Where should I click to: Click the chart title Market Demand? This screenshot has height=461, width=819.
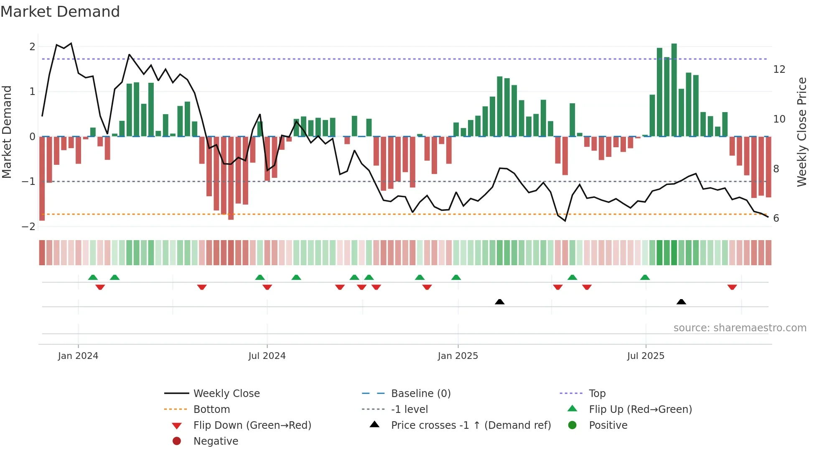pos(60,12)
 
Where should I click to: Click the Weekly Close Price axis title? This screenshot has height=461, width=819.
pos(801,132)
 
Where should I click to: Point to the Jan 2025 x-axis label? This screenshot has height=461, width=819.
pos(458,356)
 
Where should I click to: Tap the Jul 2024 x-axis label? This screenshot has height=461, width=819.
pos(267,356)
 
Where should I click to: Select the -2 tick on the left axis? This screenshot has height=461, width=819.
pos(28,227)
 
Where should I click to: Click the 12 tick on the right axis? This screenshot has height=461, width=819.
pos(779,69)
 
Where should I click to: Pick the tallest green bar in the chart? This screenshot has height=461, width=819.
pos(674,90)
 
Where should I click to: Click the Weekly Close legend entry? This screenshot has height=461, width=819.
pos(226,394)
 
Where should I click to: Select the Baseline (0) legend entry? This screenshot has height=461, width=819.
pos(420,394)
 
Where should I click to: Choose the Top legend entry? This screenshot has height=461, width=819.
pos(597,394)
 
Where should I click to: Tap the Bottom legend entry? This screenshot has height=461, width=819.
pos(211,410)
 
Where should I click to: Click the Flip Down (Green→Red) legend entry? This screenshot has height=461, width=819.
pos(252,425)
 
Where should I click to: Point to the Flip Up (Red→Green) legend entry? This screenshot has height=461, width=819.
pos(640,410)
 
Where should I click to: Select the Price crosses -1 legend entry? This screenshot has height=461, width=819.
pos(471,425)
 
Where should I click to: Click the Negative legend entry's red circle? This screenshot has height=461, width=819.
pos(177,441)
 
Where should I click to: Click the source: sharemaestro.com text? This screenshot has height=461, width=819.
pos(740,328)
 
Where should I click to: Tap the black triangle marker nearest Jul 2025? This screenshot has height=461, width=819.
pos(681,302)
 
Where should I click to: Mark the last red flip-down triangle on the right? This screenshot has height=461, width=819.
pos(732,287)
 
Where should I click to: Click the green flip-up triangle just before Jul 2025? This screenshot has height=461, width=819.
pos(645,277)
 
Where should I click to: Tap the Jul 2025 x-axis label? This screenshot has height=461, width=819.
pos(645,356)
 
